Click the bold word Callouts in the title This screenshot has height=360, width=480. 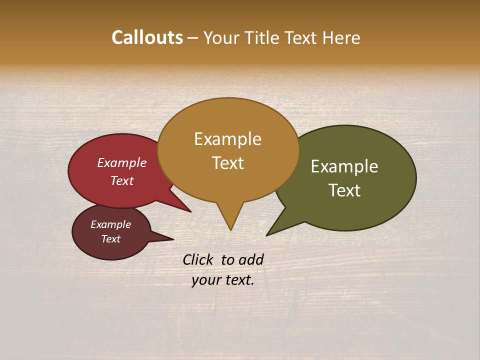(x=147, y=37)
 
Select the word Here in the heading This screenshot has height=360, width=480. (x=340, y=37)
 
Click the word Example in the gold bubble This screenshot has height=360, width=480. (x=227, y=139)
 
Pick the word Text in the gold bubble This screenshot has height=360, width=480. (x=227, y=163)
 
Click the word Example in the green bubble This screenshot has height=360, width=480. (x=344, y=166)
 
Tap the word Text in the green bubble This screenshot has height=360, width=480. (x=344, y=190)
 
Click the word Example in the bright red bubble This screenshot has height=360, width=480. (x=122, y=163)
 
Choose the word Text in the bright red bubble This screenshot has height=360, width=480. (x=122, y=180)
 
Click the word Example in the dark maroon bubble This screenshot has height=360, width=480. (x=110, y=224)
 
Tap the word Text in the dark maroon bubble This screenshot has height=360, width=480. (x=110, y=239)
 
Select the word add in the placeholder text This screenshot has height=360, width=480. (x=251, y=259)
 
